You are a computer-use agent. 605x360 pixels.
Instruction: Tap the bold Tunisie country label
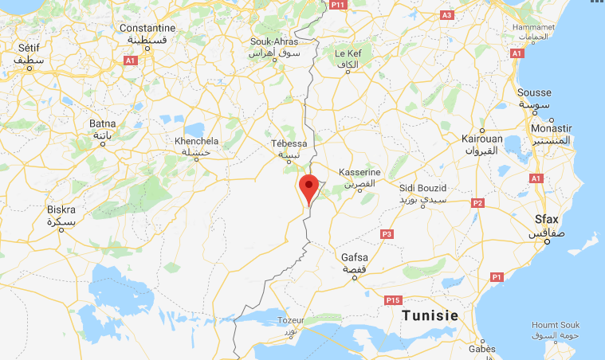430,315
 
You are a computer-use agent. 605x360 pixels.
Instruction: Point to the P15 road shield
391,300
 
